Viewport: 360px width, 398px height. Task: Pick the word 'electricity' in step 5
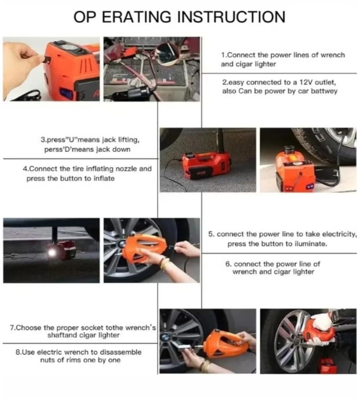pyautogui.click(x=342, y=234)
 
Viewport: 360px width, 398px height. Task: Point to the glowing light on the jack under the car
pyautogui.click(x=53, y=253)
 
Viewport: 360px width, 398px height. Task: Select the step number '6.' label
pyautogui.click(x=228, y=264)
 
